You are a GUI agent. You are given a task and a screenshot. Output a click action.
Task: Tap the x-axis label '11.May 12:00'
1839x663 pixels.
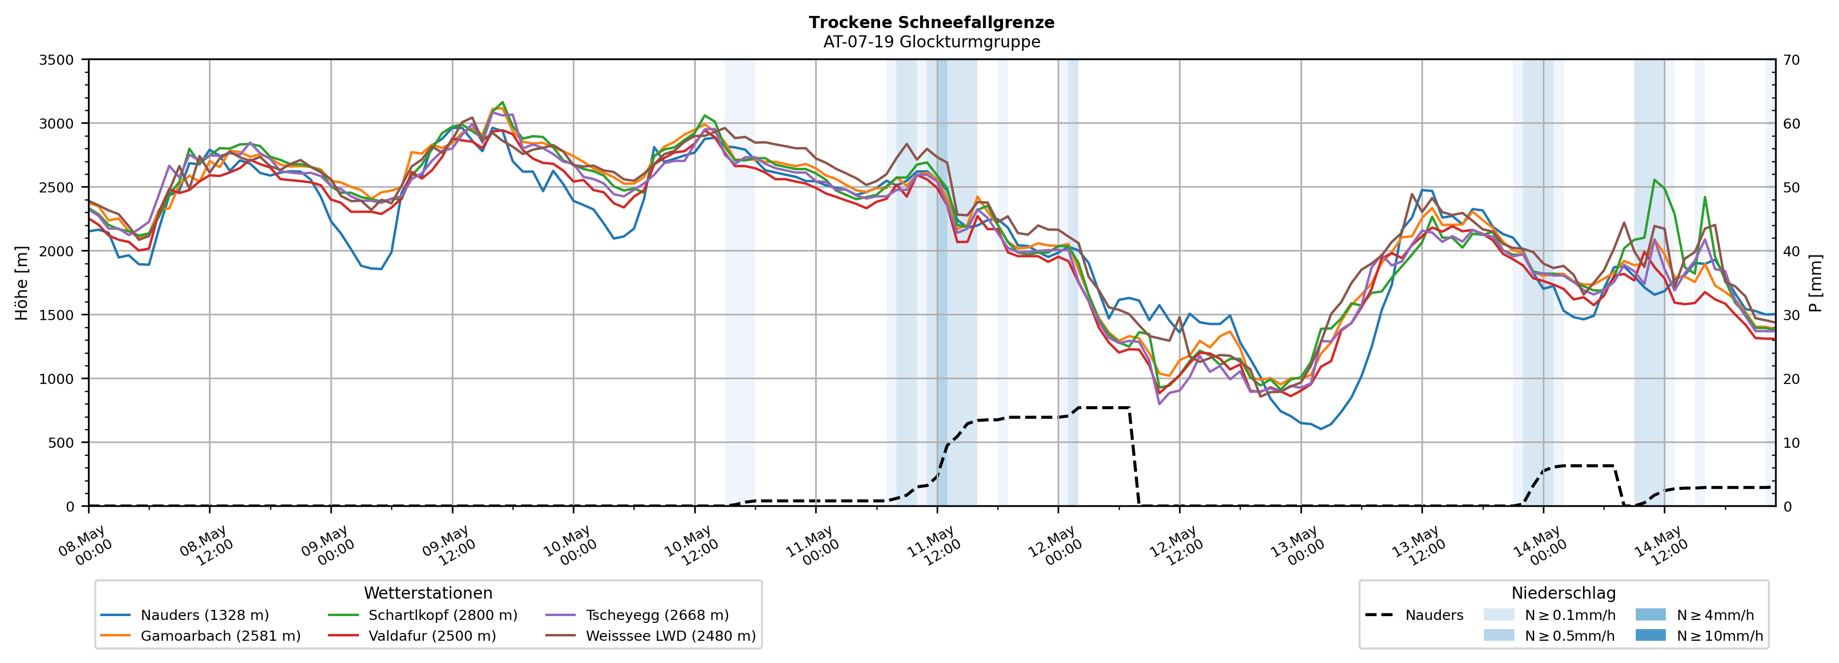(934, 546)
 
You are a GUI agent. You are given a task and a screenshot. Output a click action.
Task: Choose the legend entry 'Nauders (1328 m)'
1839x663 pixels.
(185, 615)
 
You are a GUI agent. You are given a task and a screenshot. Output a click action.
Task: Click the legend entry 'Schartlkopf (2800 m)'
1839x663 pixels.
(423, 615)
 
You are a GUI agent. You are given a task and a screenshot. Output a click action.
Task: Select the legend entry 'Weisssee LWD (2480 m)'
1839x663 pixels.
(650, 636)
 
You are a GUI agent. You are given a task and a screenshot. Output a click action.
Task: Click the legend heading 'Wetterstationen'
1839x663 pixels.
(428, 593)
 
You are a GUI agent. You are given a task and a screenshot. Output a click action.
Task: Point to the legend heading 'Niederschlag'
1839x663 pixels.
(1563, 593)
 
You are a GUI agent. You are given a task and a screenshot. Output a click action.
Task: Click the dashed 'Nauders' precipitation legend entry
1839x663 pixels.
(1414, 615)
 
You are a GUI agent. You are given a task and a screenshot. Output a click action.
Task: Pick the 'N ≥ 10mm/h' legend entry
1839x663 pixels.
(1699, 636)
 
